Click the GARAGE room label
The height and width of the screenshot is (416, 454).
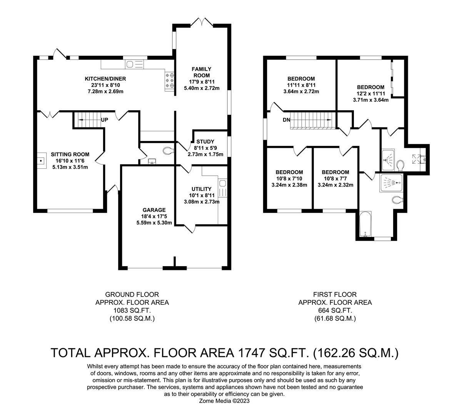click(x=154, y=210)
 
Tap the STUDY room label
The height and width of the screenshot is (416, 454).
click(x=205, y=141)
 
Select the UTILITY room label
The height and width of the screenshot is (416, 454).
click(x=202, y=189)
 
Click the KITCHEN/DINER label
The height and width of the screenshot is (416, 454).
click(x=105, y=79)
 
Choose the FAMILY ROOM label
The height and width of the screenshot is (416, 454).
click(x=202, y=72)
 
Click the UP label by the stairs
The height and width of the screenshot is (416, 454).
click(x=104, y=120)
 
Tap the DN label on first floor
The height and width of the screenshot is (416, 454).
click(x=286, y=120)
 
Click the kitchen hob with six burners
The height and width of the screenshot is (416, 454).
click(x=170, y=81)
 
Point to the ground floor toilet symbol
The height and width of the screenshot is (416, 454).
click(x=168, y=151)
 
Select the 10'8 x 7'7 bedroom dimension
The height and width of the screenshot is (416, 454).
click(x=335, y=178)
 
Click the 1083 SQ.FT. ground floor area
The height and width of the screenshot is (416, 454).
click(x=132, y=310)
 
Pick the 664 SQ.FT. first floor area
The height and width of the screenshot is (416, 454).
click(x=335, y=310)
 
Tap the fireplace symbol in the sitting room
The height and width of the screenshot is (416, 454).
click(x=41, y=159)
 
